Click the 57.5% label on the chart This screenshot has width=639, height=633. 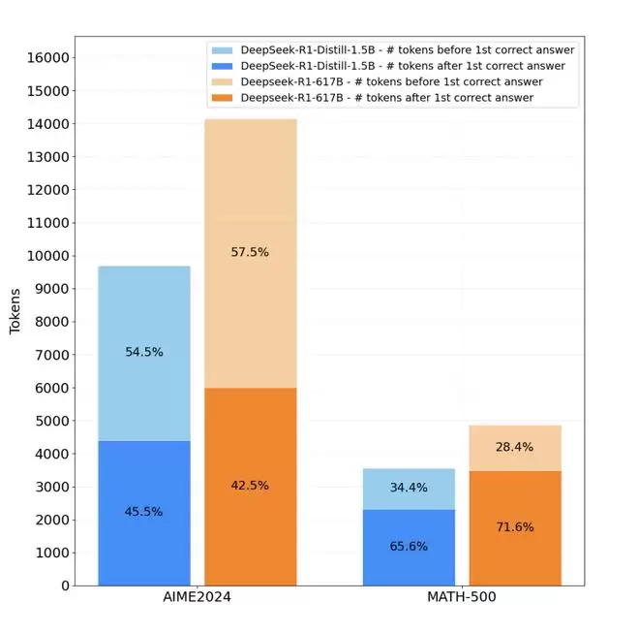(x=250, y=252)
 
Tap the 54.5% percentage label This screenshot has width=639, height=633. (x=144, y=352)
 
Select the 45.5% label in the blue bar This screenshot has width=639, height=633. (x=144, y=511)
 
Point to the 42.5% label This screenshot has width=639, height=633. (x=250, y=485)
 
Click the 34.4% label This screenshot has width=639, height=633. (x=409, y=488)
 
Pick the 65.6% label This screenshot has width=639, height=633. (x=409, y=546)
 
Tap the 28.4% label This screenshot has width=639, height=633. (x=514, y=447)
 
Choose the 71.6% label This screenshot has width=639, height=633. (x=514, y=526)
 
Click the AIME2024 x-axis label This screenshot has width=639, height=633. (x=198, y=597)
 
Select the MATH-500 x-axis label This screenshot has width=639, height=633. (x=462, y=597)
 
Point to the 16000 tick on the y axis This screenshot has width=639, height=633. (x=44, y=58)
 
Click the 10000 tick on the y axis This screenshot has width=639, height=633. (x=44, y=256)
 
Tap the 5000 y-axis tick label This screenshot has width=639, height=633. (x=47, y=421)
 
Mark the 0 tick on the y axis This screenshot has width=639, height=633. (x=63, y=586)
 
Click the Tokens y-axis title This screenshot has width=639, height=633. (x=15, y=312)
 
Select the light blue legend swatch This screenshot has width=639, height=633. (x=223, y=50)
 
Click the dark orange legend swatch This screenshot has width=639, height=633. (x=223, y=98)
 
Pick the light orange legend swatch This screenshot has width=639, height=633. (x=223, y=82)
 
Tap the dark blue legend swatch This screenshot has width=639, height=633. (x=223, y=66)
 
